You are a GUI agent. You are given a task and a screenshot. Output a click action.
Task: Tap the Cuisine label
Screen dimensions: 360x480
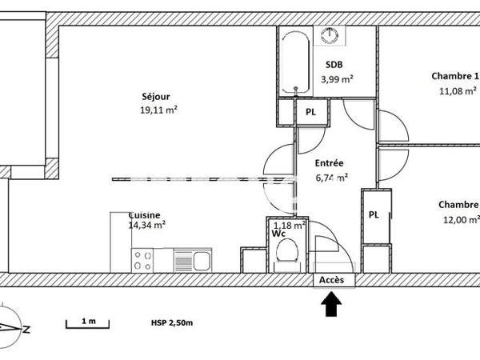[145, 214]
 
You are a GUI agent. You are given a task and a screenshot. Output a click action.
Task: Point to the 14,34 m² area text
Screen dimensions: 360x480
[147, 226]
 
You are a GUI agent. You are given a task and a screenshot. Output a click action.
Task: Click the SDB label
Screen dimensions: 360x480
[334, 66]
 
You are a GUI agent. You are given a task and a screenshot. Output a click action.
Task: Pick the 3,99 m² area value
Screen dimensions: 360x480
[337, 78]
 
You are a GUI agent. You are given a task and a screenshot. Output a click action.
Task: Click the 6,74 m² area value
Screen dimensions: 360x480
[330, 178]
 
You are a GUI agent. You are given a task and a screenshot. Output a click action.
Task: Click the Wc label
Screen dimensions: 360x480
[278, 235]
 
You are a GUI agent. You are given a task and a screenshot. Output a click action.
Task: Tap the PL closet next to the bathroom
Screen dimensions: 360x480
[311, 113]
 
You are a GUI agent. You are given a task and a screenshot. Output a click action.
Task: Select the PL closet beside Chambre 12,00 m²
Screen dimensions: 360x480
[374, 214]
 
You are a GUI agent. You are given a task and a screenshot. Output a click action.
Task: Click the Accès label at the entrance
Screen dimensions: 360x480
[331, 280]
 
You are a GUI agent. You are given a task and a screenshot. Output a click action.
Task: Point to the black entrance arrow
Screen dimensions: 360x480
[331, 303]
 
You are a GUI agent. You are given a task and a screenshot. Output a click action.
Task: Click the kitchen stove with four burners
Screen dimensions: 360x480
[142, 259]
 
